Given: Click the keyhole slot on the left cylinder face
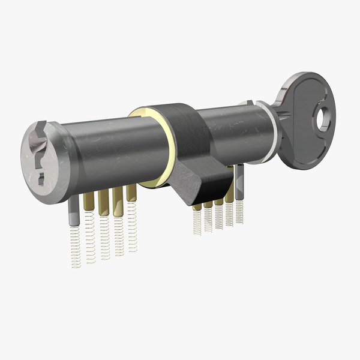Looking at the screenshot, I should [40, 157].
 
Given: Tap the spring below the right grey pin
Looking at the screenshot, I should [239, 210].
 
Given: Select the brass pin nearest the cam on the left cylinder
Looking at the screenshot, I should [131, 193].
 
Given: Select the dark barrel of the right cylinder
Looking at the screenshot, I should [234, 135].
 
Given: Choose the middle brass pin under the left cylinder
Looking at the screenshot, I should [103, 200].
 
